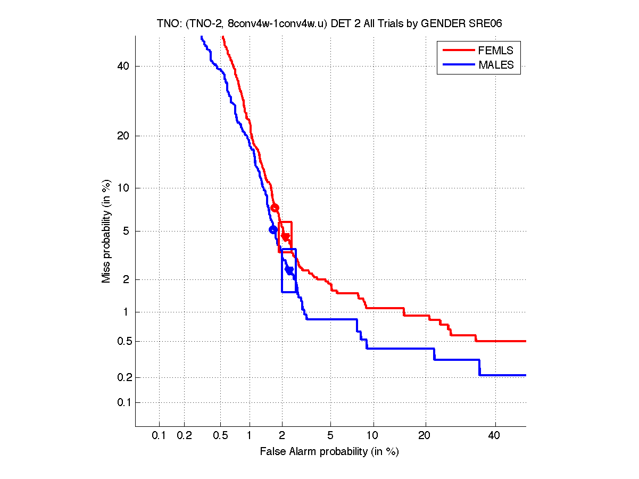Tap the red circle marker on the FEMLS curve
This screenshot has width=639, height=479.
click(x=275, y=208)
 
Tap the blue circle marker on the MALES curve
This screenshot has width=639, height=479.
click(x=273, y=229)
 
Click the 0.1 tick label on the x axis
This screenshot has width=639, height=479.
click(x=159, y=436)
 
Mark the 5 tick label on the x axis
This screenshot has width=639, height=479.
click(x=330, y=436)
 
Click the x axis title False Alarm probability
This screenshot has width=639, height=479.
click(x=329, y=452)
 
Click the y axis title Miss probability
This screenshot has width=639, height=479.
click(x=107, y=231)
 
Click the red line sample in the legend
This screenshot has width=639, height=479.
click(x=458, y=51)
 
